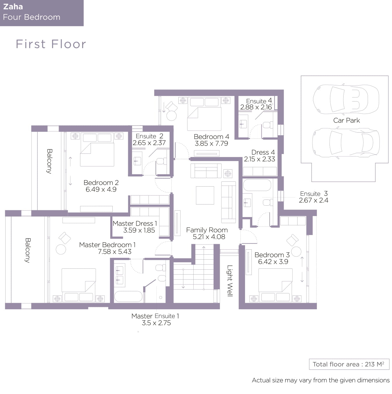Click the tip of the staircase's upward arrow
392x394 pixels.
click(x=204, y=247)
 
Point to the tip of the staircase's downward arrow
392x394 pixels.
click(x=183, y=288)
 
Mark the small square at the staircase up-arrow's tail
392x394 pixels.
click(x=204, y=289)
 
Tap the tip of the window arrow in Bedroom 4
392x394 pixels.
click(x=164, y=112)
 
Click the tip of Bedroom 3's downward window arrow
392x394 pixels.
click(x=302, y=282)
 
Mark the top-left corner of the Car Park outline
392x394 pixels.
click(x=301, y=76)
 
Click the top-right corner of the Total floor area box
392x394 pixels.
click(x=389, y=359)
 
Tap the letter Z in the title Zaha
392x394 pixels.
click(x=6, y=7)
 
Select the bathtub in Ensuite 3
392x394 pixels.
click(x=257, y=185)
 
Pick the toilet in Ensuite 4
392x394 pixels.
click(x=268, y=125)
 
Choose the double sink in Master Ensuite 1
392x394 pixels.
click(x=119, y=275)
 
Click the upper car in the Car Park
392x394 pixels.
click(x=346, y=99)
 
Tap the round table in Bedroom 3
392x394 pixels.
click(x=296, y=252)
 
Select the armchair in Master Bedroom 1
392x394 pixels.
click(x=65, y=238)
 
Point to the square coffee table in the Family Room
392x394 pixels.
click(x=205, y=195)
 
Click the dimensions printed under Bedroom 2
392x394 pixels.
click(x=101, y=189)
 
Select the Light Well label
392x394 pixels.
click(x=230, y=281)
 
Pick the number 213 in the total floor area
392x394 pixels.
click(x=369, y=364)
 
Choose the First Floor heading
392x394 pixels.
click(x=51, y=44)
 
